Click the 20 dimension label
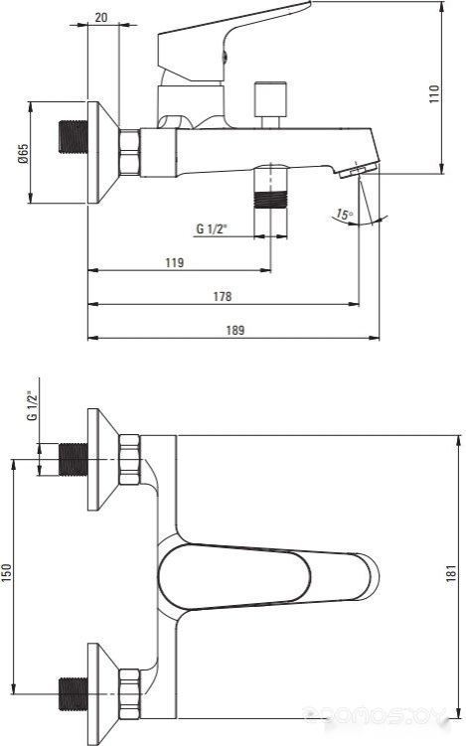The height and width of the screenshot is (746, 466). (101, 17)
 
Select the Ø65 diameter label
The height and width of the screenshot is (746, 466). (23, 153)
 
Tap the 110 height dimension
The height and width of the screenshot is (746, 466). (434, 94)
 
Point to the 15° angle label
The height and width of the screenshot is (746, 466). (343, 215)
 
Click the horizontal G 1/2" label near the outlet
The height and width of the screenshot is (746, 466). (212, 228)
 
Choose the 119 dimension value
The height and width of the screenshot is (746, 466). (175, 262)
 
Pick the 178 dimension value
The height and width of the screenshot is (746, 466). (223, 296)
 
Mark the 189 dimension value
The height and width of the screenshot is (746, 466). (235, 330)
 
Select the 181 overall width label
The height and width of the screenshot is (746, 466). (452, 574)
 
